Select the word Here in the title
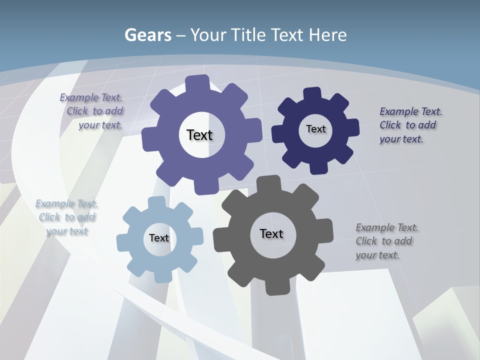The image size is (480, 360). [327, 35]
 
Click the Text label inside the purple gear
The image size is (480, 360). [199, 135]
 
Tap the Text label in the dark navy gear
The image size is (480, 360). [315, 129]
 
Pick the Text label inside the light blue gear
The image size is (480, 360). [159, 238]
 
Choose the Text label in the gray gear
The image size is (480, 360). [271, 233]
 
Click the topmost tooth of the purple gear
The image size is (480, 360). [197, 83]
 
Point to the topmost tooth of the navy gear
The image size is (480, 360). [312, 94]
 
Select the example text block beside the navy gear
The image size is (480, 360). [410, 125]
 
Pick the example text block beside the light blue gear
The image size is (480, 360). [67, 217]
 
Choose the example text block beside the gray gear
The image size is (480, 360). [386, 241]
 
